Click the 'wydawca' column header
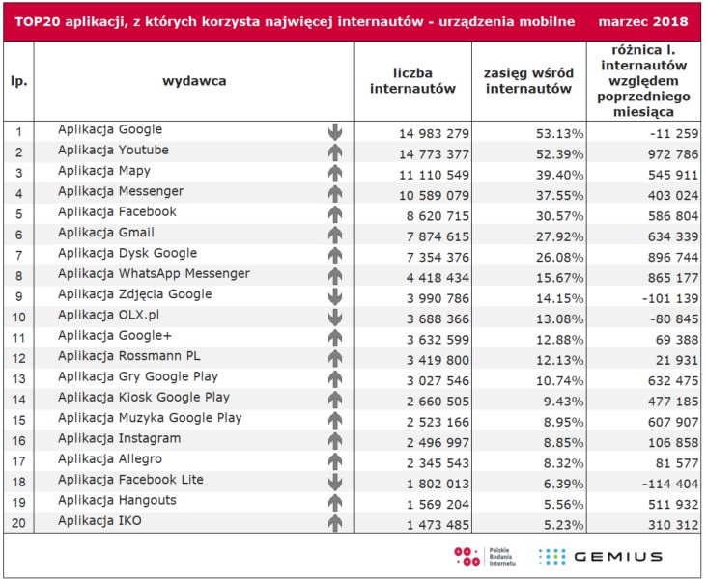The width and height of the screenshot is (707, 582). (194, 81)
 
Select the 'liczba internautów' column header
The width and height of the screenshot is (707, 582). (412, 81)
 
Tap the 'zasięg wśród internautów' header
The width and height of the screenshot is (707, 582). (528, 81)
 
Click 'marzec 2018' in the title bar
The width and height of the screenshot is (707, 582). (643, 21)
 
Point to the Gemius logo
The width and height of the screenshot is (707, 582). (601, 557)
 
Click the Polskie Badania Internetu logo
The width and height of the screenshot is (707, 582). (485, 557)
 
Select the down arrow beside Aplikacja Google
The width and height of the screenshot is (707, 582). (335, 132)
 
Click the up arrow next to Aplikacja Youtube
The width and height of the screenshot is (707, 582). (335, 152)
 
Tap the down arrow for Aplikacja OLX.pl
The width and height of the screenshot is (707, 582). (335, 318)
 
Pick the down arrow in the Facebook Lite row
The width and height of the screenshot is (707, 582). (335, 482)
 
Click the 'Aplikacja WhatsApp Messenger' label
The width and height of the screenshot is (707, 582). (154, 274)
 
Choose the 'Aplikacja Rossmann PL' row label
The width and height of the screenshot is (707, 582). (129, 356)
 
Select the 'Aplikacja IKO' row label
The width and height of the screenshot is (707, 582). (99, 521)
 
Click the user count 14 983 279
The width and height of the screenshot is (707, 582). (434, 134)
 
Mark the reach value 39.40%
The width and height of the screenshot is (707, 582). (559, 175)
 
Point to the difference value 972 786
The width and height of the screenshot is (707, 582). (673, 154)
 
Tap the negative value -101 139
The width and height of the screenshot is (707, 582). (670, 298)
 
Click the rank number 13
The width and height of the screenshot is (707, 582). (18, 379)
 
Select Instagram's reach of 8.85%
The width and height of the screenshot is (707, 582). (564, 443)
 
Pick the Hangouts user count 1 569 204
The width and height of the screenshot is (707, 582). (438, 505)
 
